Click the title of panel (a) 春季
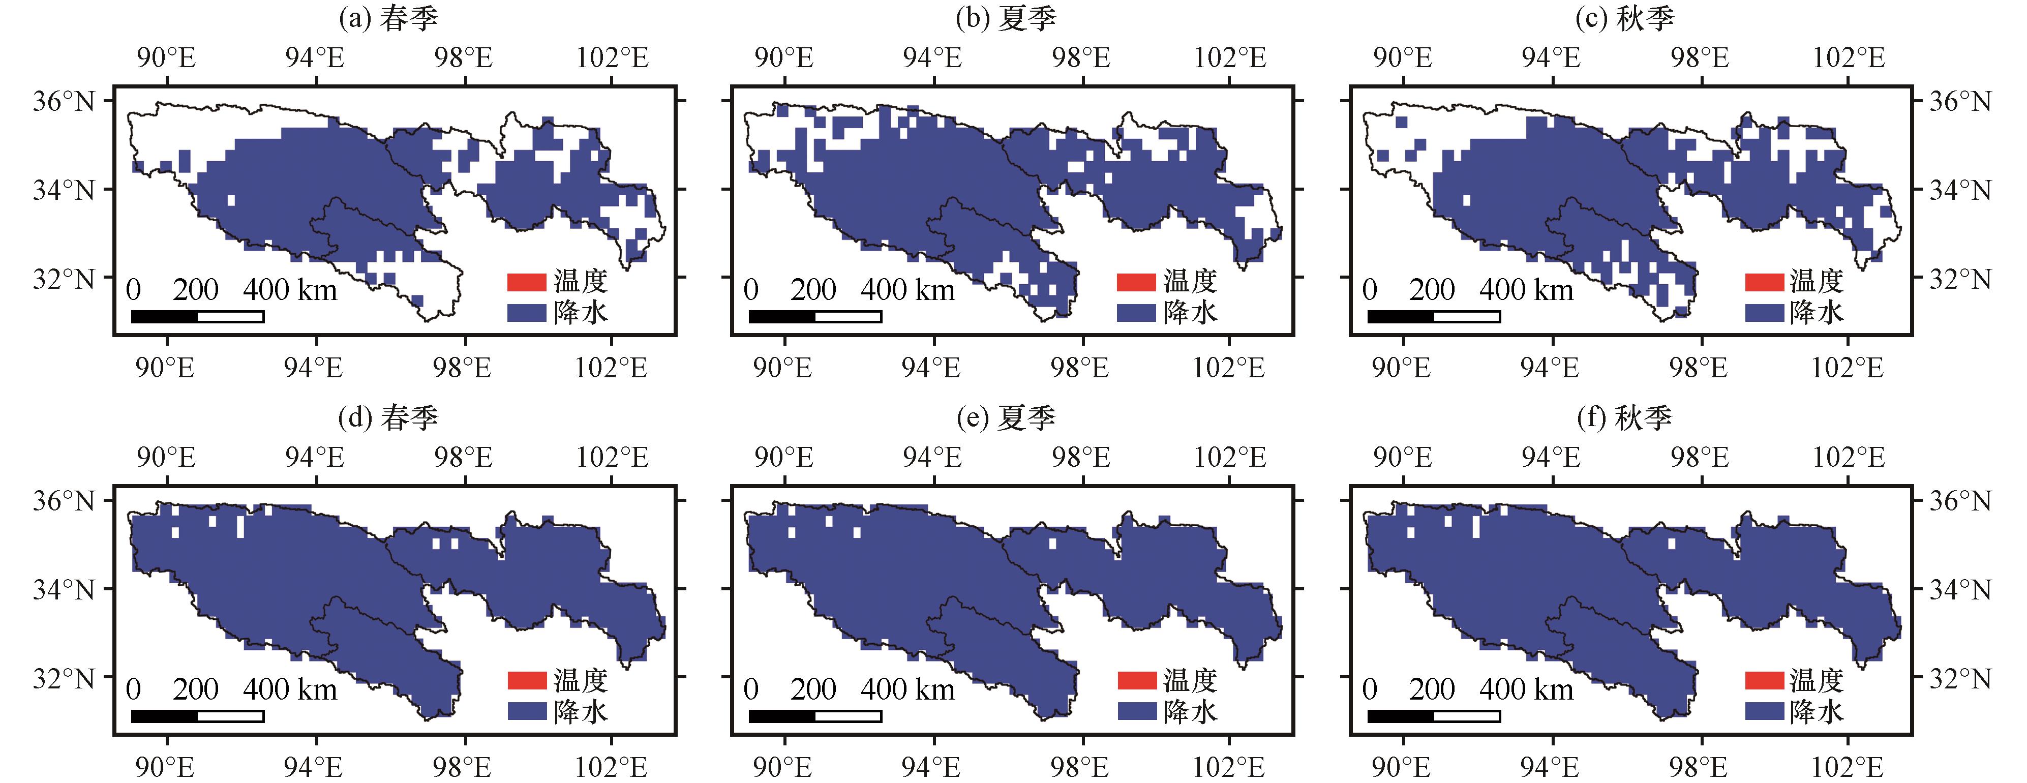tap(388, 18)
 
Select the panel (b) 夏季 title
tap(1006, 18)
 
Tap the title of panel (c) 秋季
tap(1625, 18)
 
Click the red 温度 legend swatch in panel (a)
tap(526, 282)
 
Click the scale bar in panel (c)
tap(1434, 316)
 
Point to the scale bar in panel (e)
tap(815, 716)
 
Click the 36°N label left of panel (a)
tap(63, 102)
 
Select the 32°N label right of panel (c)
tap(1960, 279)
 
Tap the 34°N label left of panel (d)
tap(63, 589)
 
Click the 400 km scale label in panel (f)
tap(1526, 690)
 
